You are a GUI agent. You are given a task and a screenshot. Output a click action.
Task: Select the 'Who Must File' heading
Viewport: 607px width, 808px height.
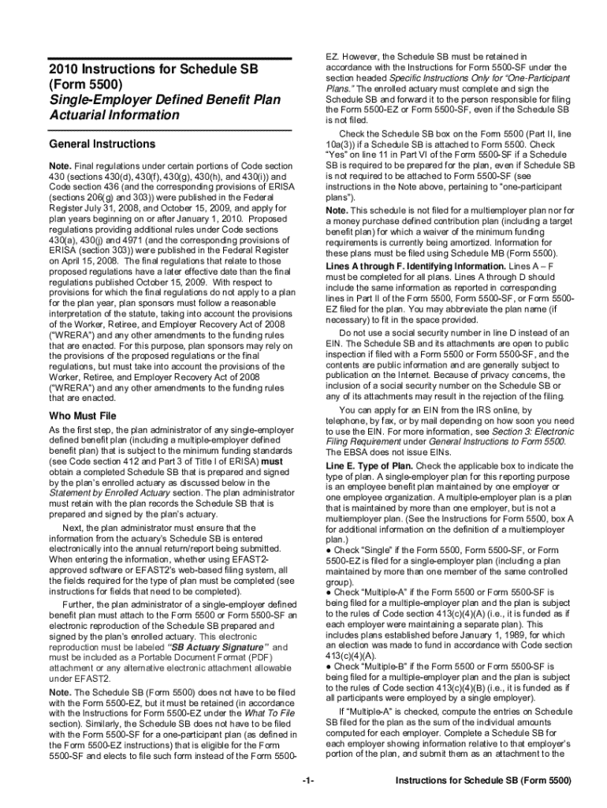coord(82,415)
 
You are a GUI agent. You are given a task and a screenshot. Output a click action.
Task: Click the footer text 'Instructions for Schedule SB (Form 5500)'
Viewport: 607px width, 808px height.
coord(483,781)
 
